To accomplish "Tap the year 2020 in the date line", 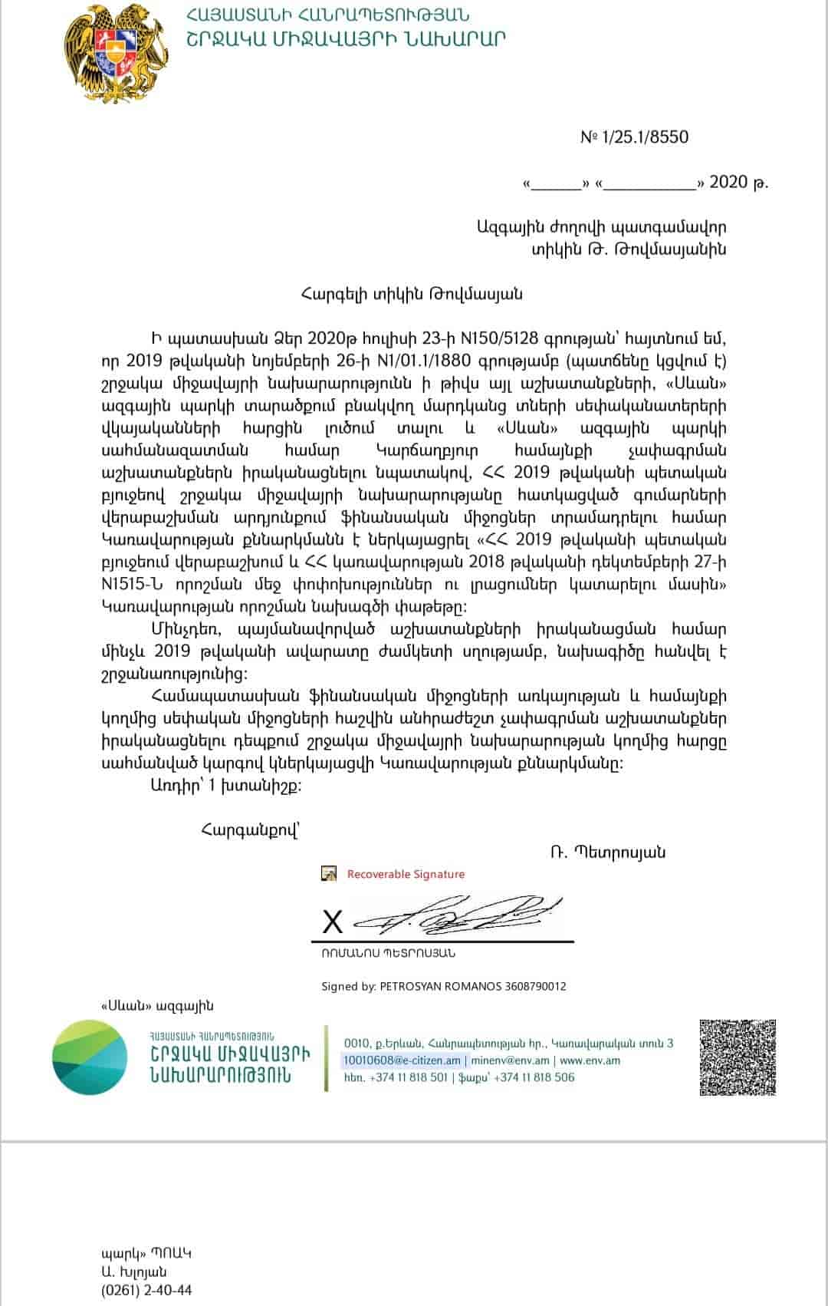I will (728, 182).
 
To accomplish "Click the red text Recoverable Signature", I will (406, 874).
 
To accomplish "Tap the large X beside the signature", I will (333, 922).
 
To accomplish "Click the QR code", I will (738, 1057).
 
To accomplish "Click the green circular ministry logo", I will (90, 1057).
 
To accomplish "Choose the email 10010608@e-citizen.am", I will (402, 1060).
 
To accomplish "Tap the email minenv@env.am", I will (510, 1060).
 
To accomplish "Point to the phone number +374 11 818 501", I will (409, 1077).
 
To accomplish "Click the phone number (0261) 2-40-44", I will (146, 1290).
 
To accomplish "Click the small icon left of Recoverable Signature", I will (329, 873).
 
